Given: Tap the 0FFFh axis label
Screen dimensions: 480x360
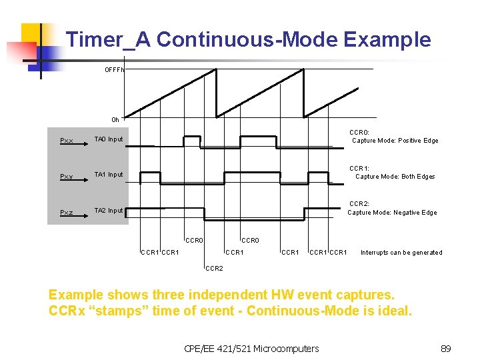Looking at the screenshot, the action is click(x=113, y=69).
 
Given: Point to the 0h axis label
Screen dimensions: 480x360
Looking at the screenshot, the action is click(x=115, y=120).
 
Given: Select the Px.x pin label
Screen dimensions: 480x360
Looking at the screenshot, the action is click(x=66, y=141).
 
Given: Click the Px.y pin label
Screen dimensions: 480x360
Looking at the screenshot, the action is click(x=66, y=177).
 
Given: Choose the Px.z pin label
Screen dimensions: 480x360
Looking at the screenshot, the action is click(x=66, y=213).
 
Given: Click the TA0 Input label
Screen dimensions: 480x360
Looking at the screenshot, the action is click(x=109, y=139).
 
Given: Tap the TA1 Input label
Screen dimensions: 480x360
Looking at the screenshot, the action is click(x=109, y=175).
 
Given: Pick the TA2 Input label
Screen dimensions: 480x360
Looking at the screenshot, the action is click(x=109, y=211).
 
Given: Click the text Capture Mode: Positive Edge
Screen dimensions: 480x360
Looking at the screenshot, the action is click(x=395, y=141).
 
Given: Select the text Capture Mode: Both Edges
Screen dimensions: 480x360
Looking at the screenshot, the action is click(x=395, y=177).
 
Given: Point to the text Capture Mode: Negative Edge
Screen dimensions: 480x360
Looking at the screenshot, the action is click(x=392, y=213).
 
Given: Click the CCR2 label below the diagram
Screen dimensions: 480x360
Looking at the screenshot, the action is click(x=214, y=269).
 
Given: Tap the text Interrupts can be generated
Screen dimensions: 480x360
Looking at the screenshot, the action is click(x=401, y=253).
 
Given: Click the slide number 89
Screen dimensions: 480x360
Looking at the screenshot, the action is click(x=446, y=348).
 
